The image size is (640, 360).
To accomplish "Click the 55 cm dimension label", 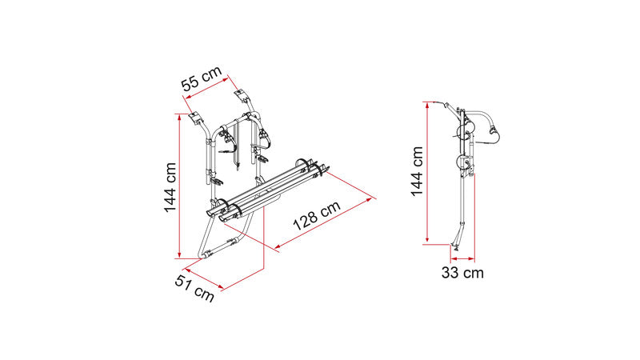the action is click(x=202, y=78).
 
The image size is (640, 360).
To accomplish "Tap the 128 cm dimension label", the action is click(x=317, y=215).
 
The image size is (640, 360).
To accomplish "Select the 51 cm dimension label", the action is click(x=194, y=288).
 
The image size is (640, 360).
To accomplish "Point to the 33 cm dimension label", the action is click(x=462, y=273).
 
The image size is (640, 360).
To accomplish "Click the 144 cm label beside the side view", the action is click(x=417, y=171).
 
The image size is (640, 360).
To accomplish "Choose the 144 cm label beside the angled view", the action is click(x=170, y=187).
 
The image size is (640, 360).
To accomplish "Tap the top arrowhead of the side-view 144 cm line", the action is click(x=427, y=105).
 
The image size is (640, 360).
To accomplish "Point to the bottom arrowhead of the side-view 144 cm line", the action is click(x=427, y=239).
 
